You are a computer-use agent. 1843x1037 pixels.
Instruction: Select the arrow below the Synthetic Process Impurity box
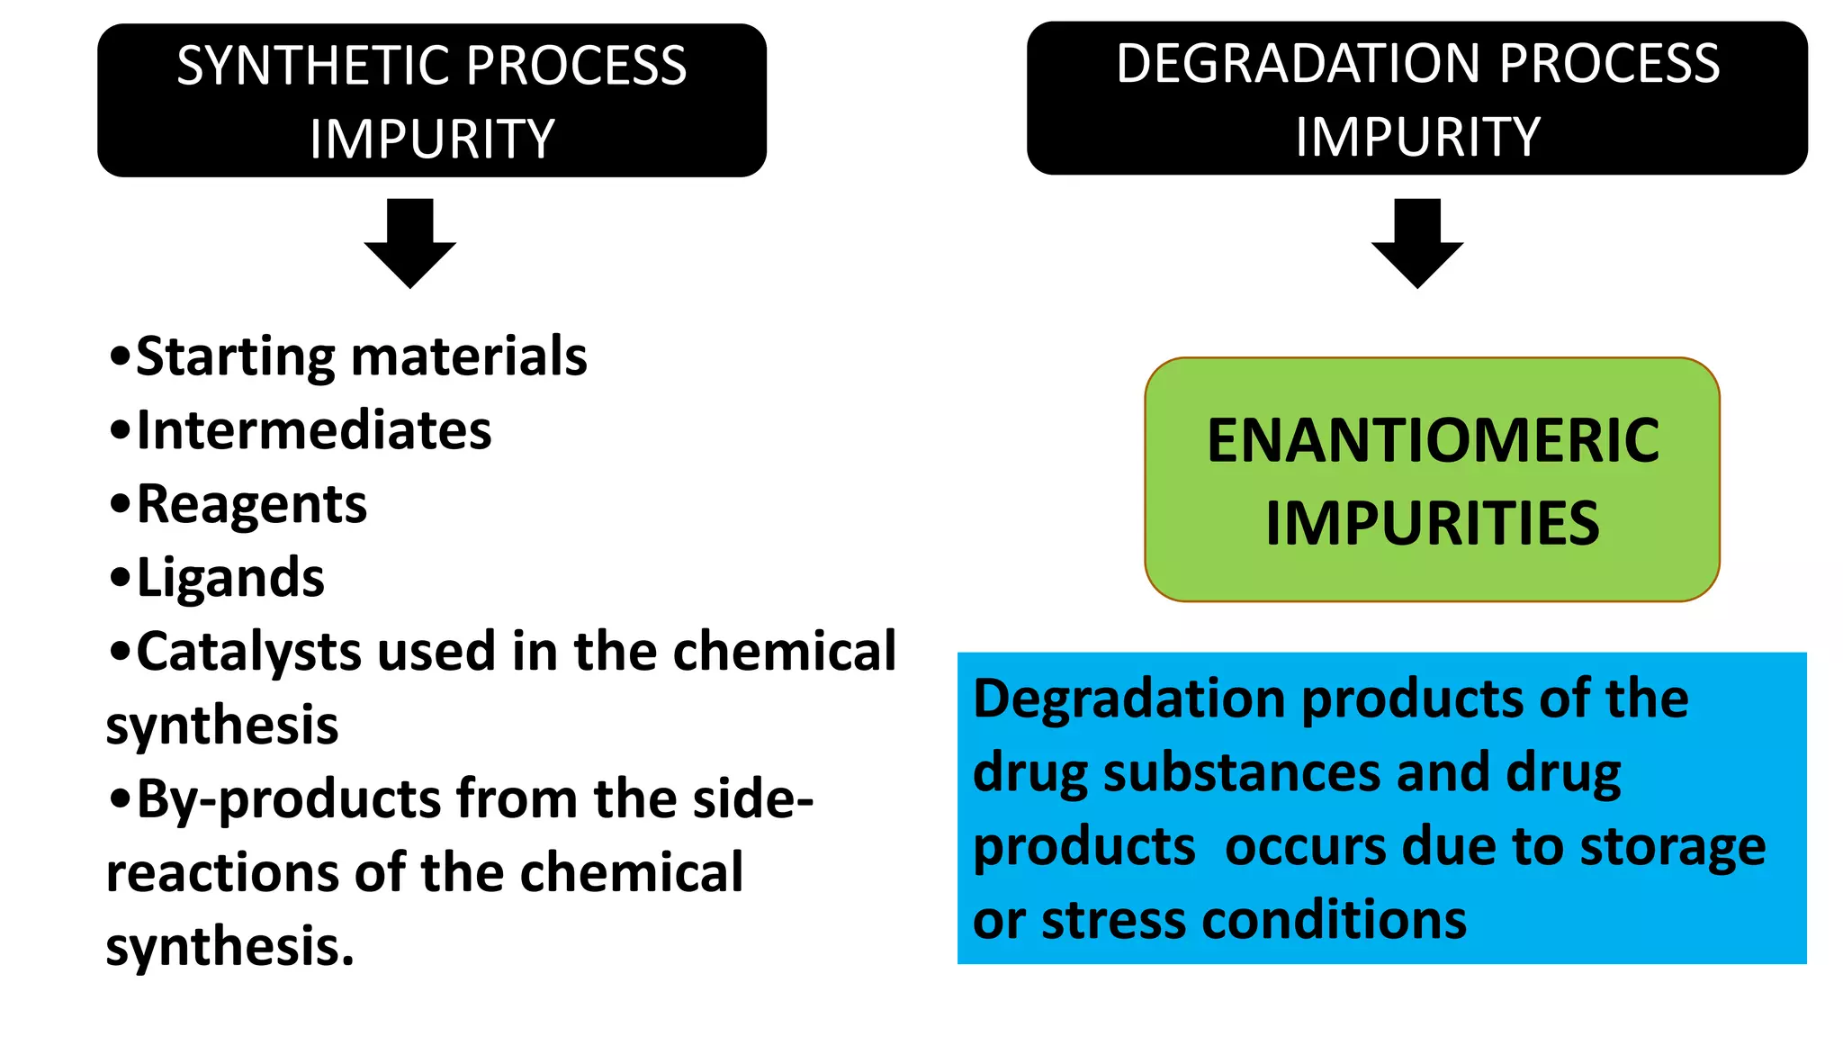(x=410, y=243)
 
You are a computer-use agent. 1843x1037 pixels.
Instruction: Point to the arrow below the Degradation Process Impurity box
(x=1417, y=243)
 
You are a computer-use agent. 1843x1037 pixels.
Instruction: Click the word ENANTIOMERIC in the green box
(x=1433, y=441)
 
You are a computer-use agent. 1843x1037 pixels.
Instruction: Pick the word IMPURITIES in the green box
(x=1433, y=524)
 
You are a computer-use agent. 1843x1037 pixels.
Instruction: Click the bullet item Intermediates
(x=314, y=430)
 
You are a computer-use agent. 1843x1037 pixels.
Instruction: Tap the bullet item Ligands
(x=230, y=578)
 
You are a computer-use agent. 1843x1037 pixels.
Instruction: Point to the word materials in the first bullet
(x=469, y=356)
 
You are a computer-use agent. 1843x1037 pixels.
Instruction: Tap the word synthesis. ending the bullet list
(x=230, y=948)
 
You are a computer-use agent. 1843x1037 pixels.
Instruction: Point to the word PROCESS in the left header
(x=576, y=66)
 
